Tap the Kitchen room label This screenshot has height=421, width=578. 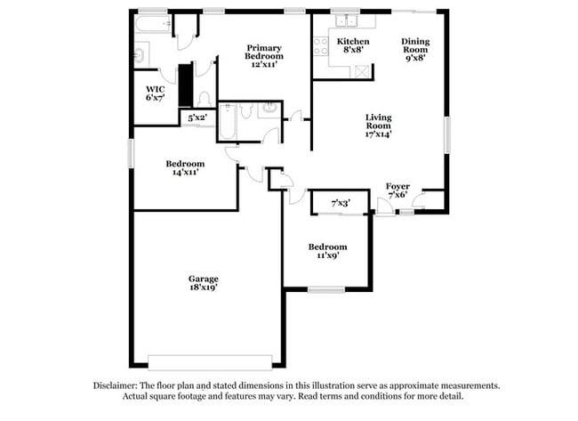coord(353,42)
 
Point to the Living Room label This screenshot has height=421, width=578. coord(379,121)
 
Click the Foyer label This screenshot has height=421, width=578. coord(397,186)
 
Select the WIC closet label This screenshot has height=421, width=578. coord(155,88)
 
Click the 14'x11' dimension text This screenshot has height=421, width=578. coord(185,173)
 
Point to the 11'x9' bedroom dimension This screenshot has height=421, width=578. coord(327,256)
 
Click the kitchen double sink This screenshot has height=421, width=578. coord(344,21)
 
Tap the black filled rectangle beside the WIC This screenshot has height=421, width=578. coord(186,85)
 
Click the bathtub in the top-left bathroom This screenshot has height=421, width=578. coord(152,27)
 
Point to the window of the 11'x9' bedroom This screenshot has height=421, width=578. coord(326,288)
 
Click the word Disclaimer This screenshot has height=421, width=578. coord(116,385)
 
